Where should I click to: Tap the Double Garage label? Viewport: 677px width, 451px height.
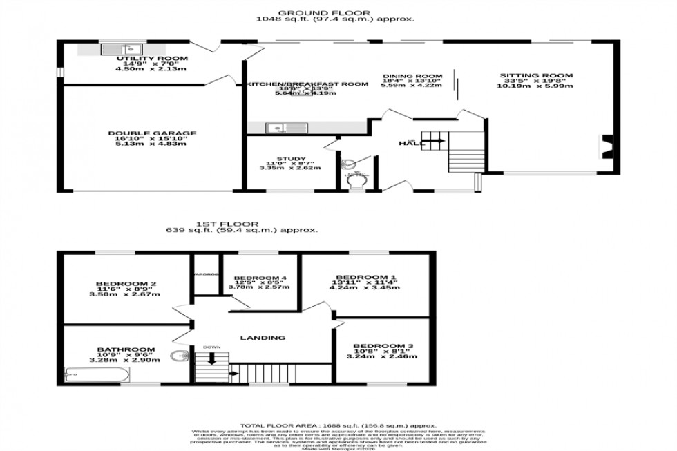pyautogui.click(x=152, y=133)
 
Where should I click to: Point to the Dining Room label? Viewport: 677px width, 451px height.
pyautogui.click(x=412, y=76)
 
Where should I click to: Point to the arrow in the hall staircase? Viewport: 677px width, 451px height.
pyautogui.click(x=436, y=141)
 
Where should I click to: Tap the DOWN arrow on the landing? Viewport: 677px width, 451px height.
pyautogui.click(x=212, y=358)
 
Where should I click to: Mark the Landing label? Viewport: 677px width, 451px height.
pyautogui.click(x=263, y=338)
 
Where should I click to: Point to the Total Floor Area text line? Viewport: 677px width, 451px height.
pyautogui.click(x=338, y=425)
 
